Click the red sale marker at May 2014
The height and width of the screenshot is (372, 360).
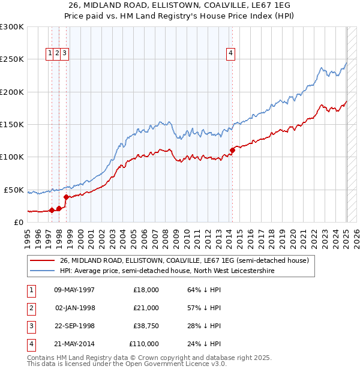tap(232, 150)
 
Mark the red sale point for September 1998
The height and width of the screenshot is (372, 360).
tap(66, 197)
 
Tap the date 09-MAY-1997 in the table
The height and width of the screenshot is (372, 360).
tap(74, 290)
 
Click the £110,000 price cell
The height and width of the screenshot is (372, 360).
tap(143, 344)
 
